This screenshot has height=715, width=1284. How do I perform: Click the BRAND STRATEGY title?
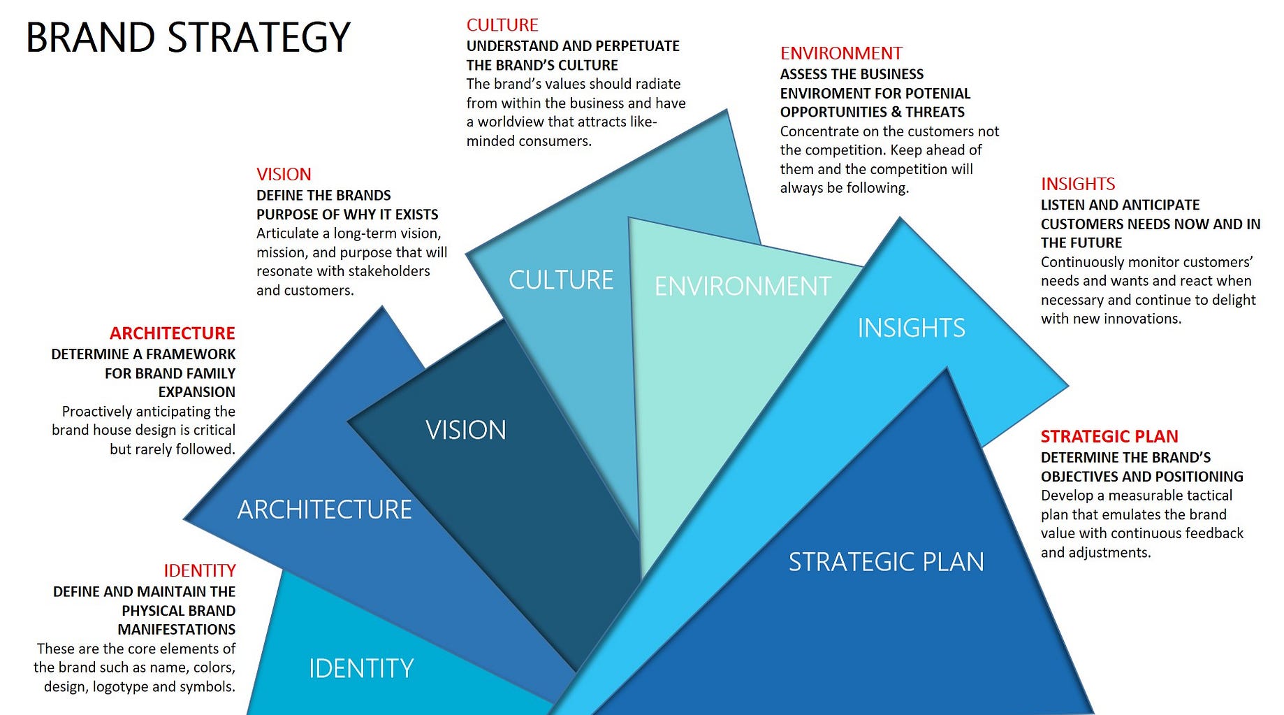[x=187, y=38]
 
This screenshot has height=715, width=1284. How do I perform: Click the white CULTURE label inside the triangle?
[x=560, y=280]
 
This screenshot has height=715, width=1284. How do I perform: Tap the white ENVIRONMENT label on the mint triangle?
[x=742, y=287]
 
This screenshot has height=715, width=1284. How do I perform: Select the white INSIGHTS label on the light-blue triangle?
[x=911, y=328]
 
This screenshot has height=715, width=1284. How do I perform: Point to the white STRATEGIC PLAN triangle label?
[x=886, y=562]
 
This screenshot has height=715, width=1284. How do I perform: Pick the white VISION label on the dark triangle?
[x=465, y=430]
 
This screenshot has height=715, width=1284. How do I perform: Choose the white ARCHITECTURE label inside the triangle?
[x=324, y=510]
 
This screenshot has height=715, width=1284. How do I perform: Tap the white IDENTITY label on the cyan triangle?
[x=361, y=669]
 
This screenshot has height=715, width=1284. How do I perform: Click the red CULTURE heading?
[x=502, y=25]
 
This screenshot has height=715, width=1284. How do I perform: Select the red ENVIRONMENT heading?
[x=840, y=54]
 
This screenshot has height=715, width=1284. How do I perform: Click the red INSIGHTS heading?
[x=1077, y=184]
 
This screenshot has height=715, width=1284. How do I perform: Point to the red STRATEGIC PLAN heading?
[x=1109, y=436]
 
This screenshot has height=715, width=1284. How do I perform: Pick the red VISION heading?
[x=283, y=174]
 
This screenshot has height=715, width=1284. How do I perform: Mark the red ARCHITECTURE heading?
[x=172, y=333]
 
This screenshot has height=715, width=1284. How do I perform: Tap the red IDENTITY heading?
[x=199, y=570]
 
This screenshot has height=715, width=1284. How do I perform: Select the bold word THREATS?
[x=935, y=113]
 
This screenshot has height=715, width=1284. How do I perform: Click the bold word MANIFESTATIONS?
[x=176, y=630]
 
